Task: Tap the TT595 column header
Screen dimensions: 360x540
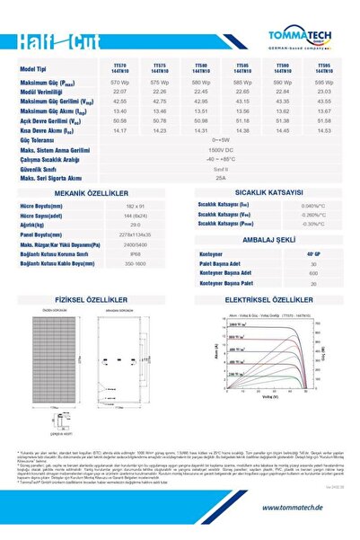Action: click(x=327, y=68)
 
